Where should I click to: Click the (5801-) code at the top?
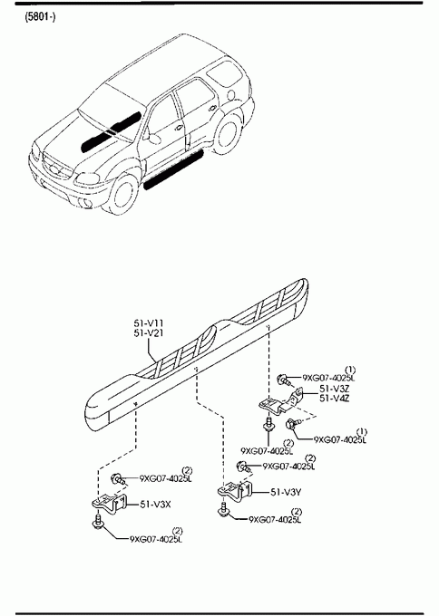(x=40, y=17)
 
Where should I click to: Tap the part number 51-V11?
(x=149, y=323)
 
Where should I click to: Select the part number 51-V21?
(x=149, y=333)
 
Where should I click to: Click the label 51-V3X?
(x=155, y=504)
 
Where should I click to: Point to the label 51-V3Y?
(x=286, y=492)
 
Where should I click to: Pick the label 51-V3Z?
(x=335, y=389)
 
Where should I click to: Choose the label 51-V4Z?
(x=335, y=399)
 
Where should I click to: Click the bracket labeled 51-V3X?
(x=110, y=504)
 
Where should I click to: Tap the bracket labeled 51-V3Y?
(x=235, y=491)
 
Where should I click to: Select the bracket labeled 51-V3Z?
(x=280, y=402)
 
